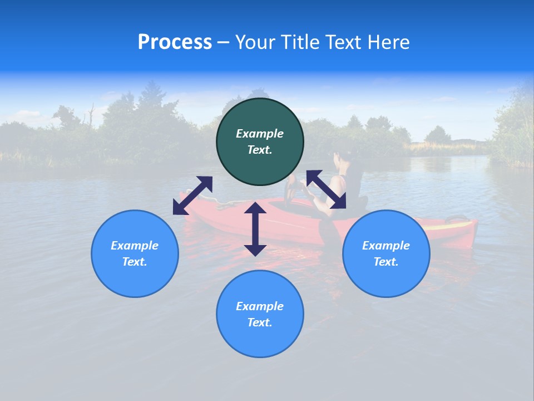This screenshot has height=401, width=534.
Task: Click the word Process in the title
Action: (x=175, y=42)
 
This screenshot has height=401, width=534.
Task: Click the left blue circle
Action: (x=135, y=253)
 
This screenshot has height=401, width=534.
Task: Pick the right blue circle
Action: (x=386, y=253)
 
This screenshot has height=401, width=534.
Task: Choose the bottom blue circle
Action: (x=260, y=314)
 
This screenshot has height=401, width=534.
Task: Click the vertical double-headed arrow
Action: (x=255, y=229)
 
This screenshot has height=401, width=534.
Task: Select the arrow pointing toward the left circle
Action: (x=192, y=195)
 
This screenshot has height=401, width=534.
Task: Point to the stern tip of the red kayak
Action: (x=473, y=226)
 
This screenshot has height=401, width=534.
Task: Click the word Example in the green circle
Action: (x=260, y=134)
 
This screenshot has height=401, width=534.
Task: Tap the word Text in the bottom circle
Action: (x=259, y=322)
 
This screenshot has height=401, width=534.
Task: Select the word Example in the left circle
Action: (x=135, y=246)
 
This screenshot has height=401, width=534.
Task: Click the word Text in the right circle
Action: (x=385, y=262)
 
